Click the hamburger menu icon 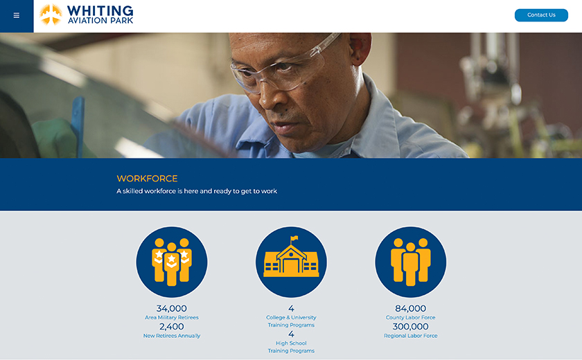pyautogui.click(x=17, y=15)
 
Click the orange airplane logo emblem pyautogui.click(x=51, y=15)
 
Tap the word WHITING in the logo pyautogui.click(x=100, y=11)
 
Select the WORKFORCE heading pyautogui.click(x=147, y=179)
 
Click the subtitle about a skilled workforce pyautogui.click(x=197, y=191)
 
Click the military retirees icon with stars pyautogui.click(x=172, y=262)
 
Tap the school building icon pyautogui.click(x=292, y=262)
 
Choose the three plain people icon pyautogui.click(x=410, y=262)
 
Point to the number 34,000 pyautogui.click(x=172, y=309)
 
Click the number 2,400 pyautogui.click(x=172, y=327)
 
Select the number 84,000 pyautogui.click(x=410, y=309)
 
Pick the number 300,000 pyautogui.click(x=410, y=327)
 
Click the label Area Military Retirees pyautogui.click(x=172, y=317)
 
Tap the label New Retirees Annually pyautogui.click(x=172, y=336)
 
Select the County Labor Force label pyautogui.click(x=410, y=317)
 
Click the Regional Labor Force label pyautogui.click(x=410, y=336)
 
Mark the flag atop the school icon pyautogui.click(x=294, y=238)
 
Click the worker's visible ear pyautogui.click(x=360, y=47)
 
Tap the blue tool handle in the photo pyautogui.click(x=78, y=126)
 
